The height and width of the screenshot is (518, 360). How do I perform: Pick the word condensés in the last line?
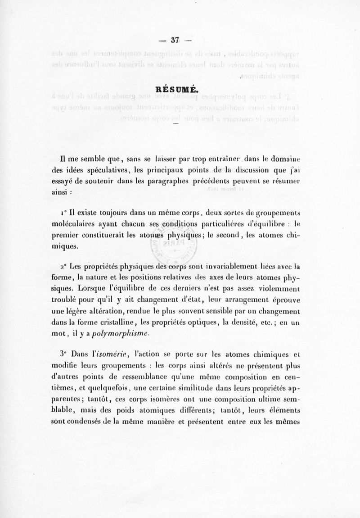coord(97,423)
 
